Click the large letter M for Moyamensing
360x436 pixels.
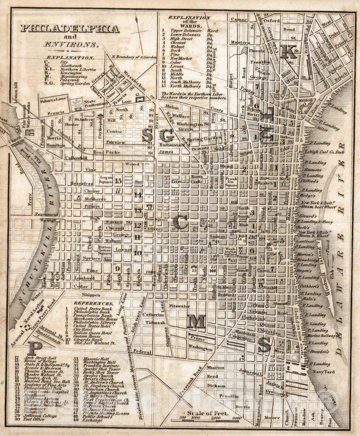196,322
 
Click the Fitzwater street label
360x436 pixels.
179,306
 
